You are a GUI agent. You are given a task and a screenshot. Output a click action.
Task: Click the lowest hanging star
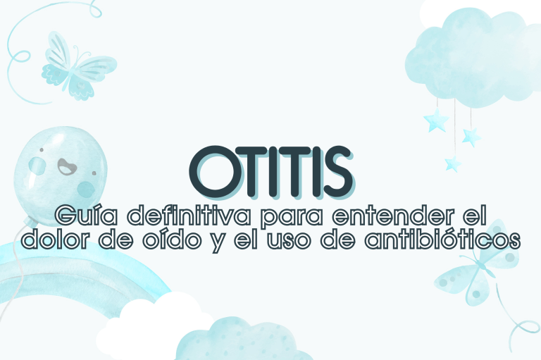click(452, 163)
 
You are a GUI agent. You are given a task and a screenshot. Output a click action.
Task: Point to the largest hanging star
click(436, 121)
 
